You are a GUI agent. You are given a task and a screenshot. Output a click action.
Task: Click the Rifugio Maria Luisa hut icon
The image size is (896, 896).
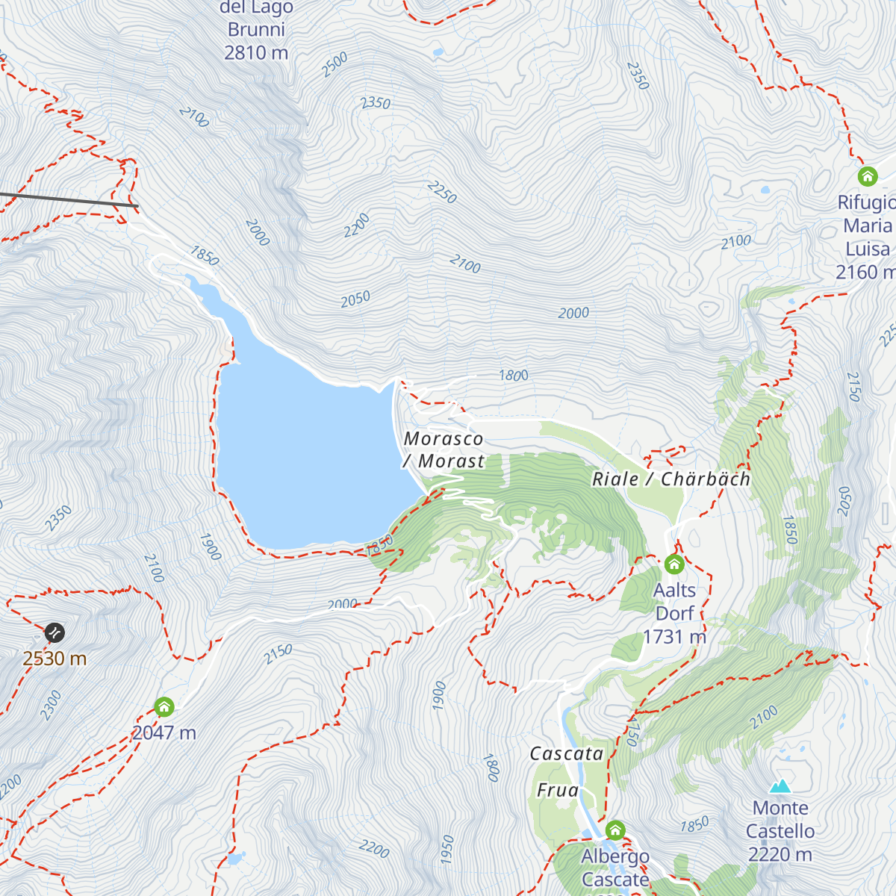[x=867, y=177]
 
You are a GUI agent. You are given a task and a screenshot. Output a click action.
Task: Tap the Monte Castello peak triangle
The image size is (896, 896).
[x=780, y=786]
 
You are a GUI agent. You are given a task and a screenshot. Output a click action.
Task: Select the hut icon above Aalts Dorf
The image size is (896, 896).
[x=674, y=564]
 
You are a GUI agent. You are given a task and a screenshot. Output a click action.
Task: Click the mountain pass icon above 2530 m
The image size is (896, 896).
[x=54, y=633]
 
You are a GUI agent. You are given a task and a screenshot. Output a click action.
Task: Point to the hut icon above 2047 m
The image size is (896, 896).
[x=164, y=706]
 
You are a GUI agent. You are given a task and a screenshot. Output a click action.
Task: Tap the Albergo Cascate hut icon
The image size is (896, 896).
[x=615, y=830]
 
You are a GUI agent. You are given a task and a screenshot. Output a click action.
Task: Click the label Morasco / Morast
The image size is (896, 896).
[x=444, y=450]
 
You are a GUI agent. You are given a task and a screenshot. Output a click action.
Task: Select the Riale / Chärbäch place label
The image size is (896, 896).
[x=671, y=479]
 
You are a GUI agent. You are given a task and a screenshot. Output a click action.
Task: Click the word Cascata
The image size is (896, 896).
[x=567, y=754]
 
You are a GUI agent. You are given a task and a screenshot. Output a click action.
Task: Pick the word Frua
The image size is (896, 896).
[x=558, y=790]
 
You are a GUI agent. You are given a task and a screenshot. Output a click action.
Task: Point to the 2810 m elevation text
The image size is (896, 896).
[x=256, y=53]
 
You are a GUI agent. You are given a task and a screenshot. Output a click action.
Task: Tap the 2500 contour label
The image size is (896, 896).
[x=335, y=65]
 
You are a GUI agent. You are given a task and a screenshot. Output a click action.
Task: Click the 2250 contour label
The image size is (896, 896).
[x=442, y=192]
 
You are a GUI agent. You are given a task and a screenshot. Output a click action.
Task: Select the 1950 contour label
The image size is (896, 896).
[x=447, y=850]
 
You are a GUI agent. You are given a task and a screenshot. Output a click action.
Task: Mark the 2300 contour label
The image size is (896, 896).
[x=51, y=706]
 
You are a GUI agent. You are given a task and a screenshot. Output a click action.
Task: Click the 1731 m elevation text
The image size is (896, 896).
[x=674, y=637]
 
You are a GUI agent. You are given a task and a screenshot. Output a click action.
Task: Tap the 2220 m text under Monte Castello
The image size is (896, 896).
[x=780, y=854]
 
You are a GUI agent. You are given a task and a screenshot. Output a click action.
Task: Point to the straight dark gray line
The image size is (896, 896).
[x=67, y=199]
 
